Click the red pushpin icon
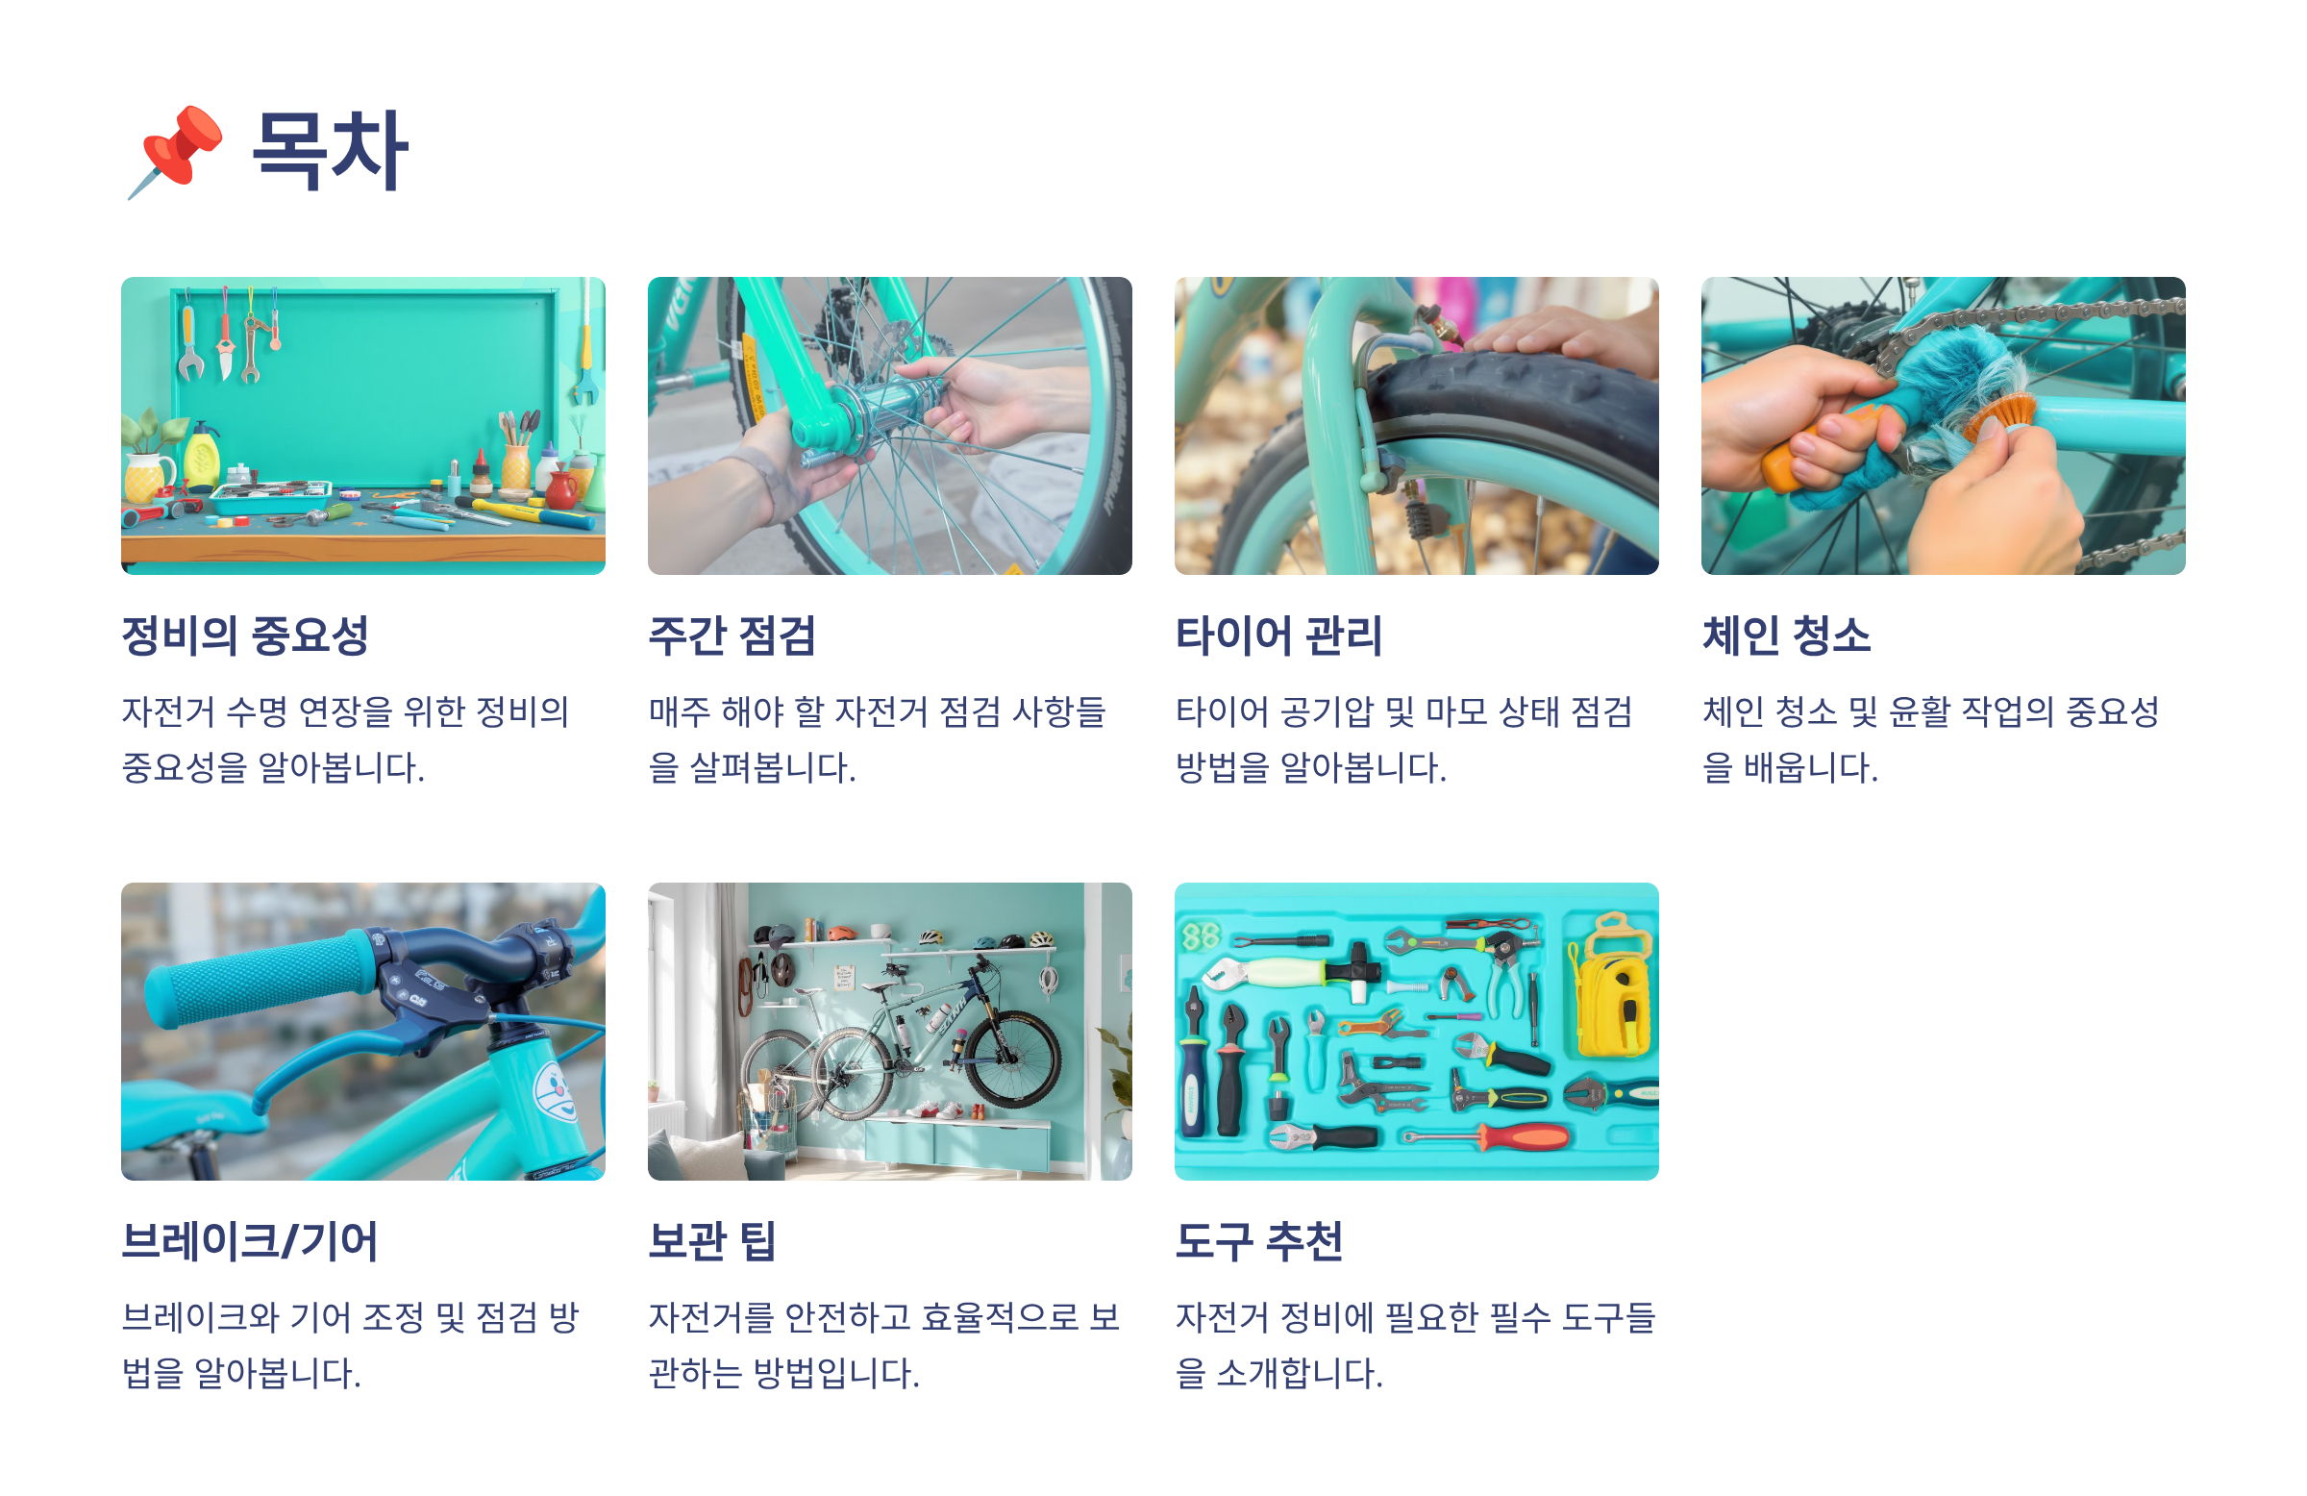(x=176, y=151)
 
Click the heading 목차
(x=330, y=151)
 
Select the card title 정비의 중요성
(x=245, y=636)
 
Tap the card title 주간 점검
(x=732, y=636)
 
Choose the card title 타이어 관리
(x=1278, y=636)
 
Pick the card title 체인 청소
(x=1786, y=636)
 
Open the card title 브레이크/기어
(x=249, y=1241)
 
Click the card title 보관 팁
(x=712, y=1241)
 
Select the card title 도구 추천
(x=1259, y=1241)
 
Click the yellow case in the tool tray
(x=1611, y=990)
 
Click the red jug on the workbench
(x=561, y=486)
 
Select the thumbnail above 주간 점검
(x=890, y=426)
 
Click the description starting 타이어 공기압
(x=1403, y=739)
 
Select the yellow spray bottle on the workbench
(x=202, y=456)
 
